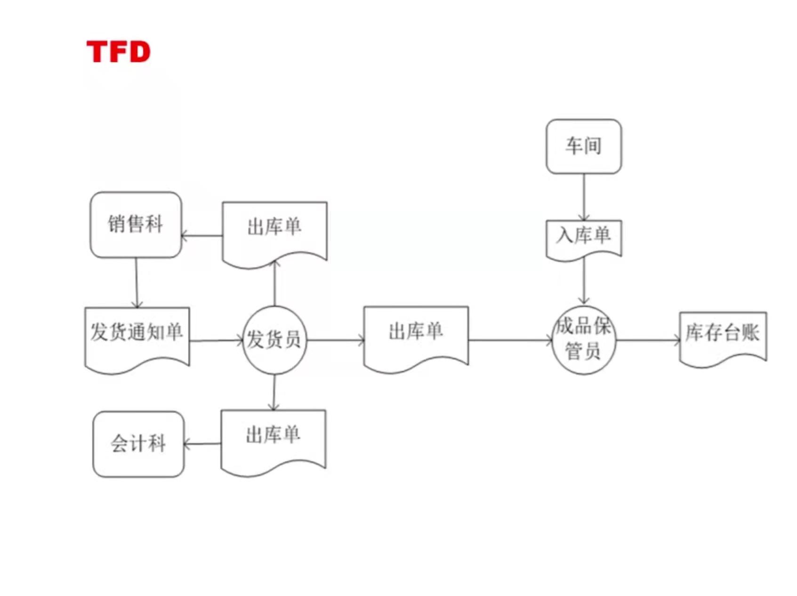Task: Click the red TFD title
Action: click(118, 51)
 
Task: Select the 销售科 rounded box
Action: click(136, 225)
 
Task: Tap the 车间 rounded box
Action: click(583, 146)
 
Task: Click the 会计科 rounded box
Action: click(138, 444)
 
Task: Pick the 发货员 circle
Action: click(274, 340)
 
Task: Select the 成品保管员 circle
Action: click(584, 340)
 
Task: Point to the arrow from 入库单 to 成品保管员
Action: click(584, 280)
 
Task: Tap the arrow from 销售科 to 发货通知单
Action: click(137, 282)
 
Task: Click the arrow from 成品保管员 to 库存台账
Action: click(648, 340)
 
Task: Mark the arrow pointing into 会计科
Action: click(202, 443)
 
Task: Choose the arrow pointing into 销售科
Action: click(202, 236)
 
